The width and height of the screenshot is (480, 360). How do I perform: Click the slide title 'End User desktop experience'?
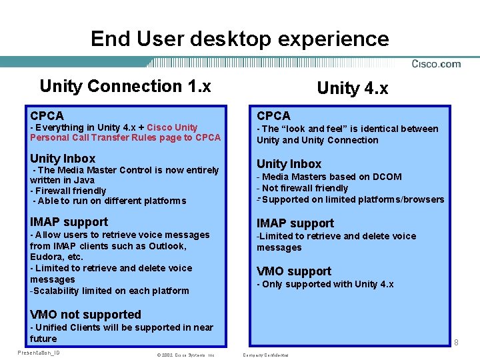(239, 39)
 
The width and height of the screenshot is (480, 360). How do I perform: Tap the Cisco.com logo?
(436, 64)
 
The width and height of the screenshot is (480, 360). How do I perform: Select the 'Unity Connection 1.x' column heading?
(125, 86)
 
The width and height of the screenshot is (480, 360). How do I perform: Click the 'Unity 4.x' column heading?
(353, 88)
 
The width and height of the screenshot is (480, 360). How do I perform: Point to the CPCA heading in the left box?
(47, 116)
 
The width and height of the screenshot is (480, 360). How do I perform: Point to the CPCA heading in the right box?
(273, 116)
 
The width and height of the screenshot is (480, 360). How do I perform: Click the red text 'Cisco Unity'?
(172, 127)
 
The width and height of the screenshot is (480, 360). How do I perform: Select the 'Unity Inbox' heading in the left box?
(63, 159)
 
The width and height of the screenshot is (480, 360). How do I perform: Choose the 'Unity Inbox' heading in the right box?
(289, 164)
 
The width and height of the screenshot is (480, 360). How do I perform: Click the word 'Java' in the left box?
(83, 180)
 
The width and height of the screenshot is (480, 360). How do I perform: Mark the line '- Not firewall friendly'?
(305, 188)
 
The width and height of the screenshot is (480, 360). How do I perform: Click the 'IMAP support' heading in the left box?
(69, 222)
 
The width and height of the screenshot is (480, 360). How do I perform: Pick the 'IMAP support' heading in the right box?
(295, 223)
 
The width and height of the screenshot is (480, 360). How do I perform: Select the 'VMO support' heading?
(294, 271)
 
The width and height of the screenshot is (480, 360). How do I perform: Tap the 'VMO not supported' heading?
(85, 315)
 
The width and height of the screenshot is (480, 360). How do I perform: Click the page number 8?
(456, 343)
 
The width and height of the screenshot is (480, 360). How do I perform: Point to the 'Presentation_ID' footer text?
(39, 353)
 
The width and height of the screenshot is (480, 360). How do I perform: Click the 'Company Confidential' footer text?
(266, 355)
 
